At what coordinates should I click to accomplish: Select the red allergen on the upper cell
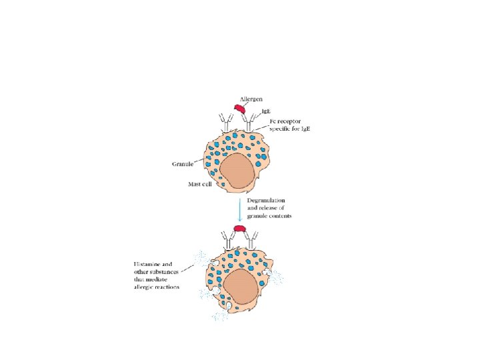click(239, 108)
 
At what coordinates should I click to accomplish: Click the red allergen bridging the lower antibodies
click(239, 233)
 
